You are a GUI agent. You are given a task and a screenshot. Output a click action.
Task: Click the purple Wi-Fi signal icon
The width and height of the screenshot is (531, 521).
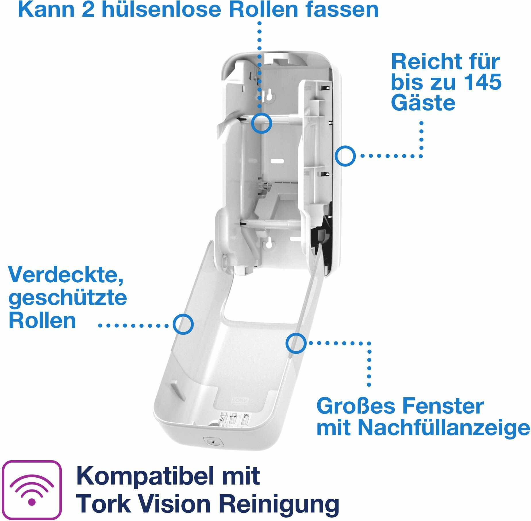[x=32, y=490]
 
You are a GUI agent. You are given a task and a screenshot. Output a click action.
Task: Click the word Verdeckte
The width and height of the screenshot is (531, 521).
[x=66, y=275]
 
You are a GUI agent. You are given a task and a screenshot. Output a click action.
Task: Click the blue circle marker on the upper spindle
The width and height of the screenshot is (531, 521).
[x=261, y=123]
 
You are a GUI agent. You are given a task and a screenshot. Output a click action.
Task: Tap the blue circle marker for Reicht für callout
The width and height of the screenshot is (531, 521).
[x=345, y=156]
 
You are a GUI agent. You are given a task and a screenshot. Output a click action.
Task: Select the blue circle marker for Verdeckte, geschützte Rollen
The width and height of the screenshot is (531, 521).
[x=183, y=324]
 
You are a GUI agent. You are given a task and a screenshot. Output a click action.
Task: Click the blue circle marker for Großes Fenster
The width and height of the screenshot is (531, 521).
[x=296, y=343]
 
